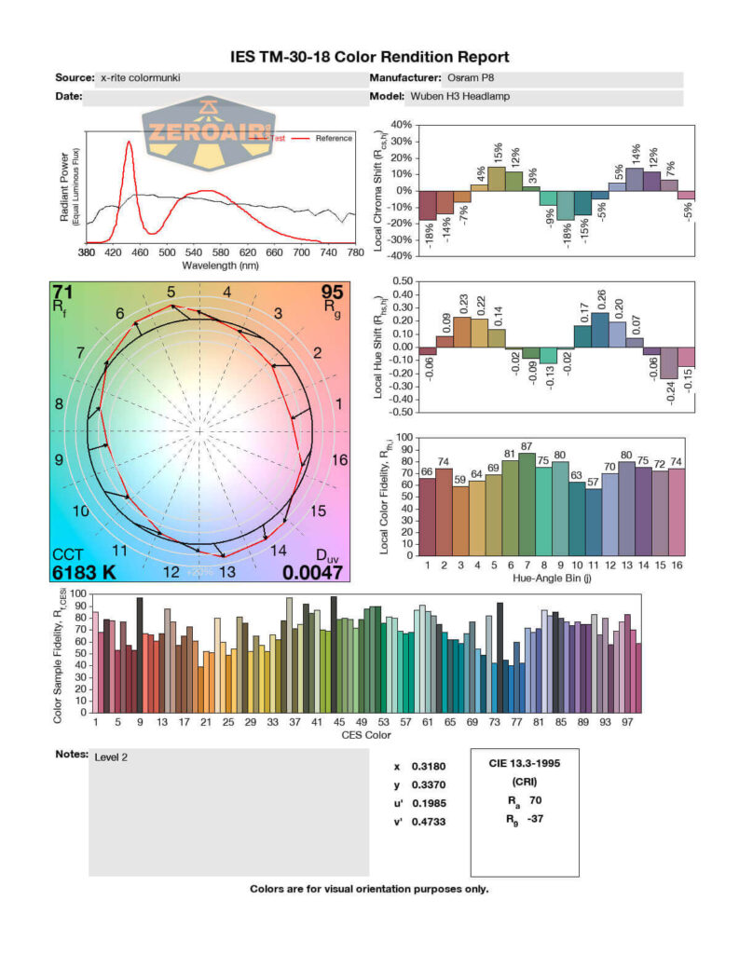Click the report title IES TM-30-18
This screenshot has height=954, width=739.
pyautogui.click(x=369, y=57)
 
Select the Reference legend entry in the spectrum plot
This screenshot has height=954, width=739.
pyautogui.click(x=333, y=139)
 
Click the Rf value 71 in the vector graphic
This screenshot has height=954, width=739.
pyautogui.click(x=63, y=294)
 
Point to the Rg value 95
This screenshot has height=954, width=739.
pyautogui.click(x=332, y=294)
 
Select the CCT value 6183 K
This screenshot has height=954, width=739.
pyautogui.click(x=84, y=572)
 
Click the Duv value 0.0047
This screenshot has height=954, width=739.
pyautogui.click(x=312, y=572)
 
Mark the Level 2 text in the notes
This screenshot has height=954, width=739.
pyautogui.click(x=111, y=757)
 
